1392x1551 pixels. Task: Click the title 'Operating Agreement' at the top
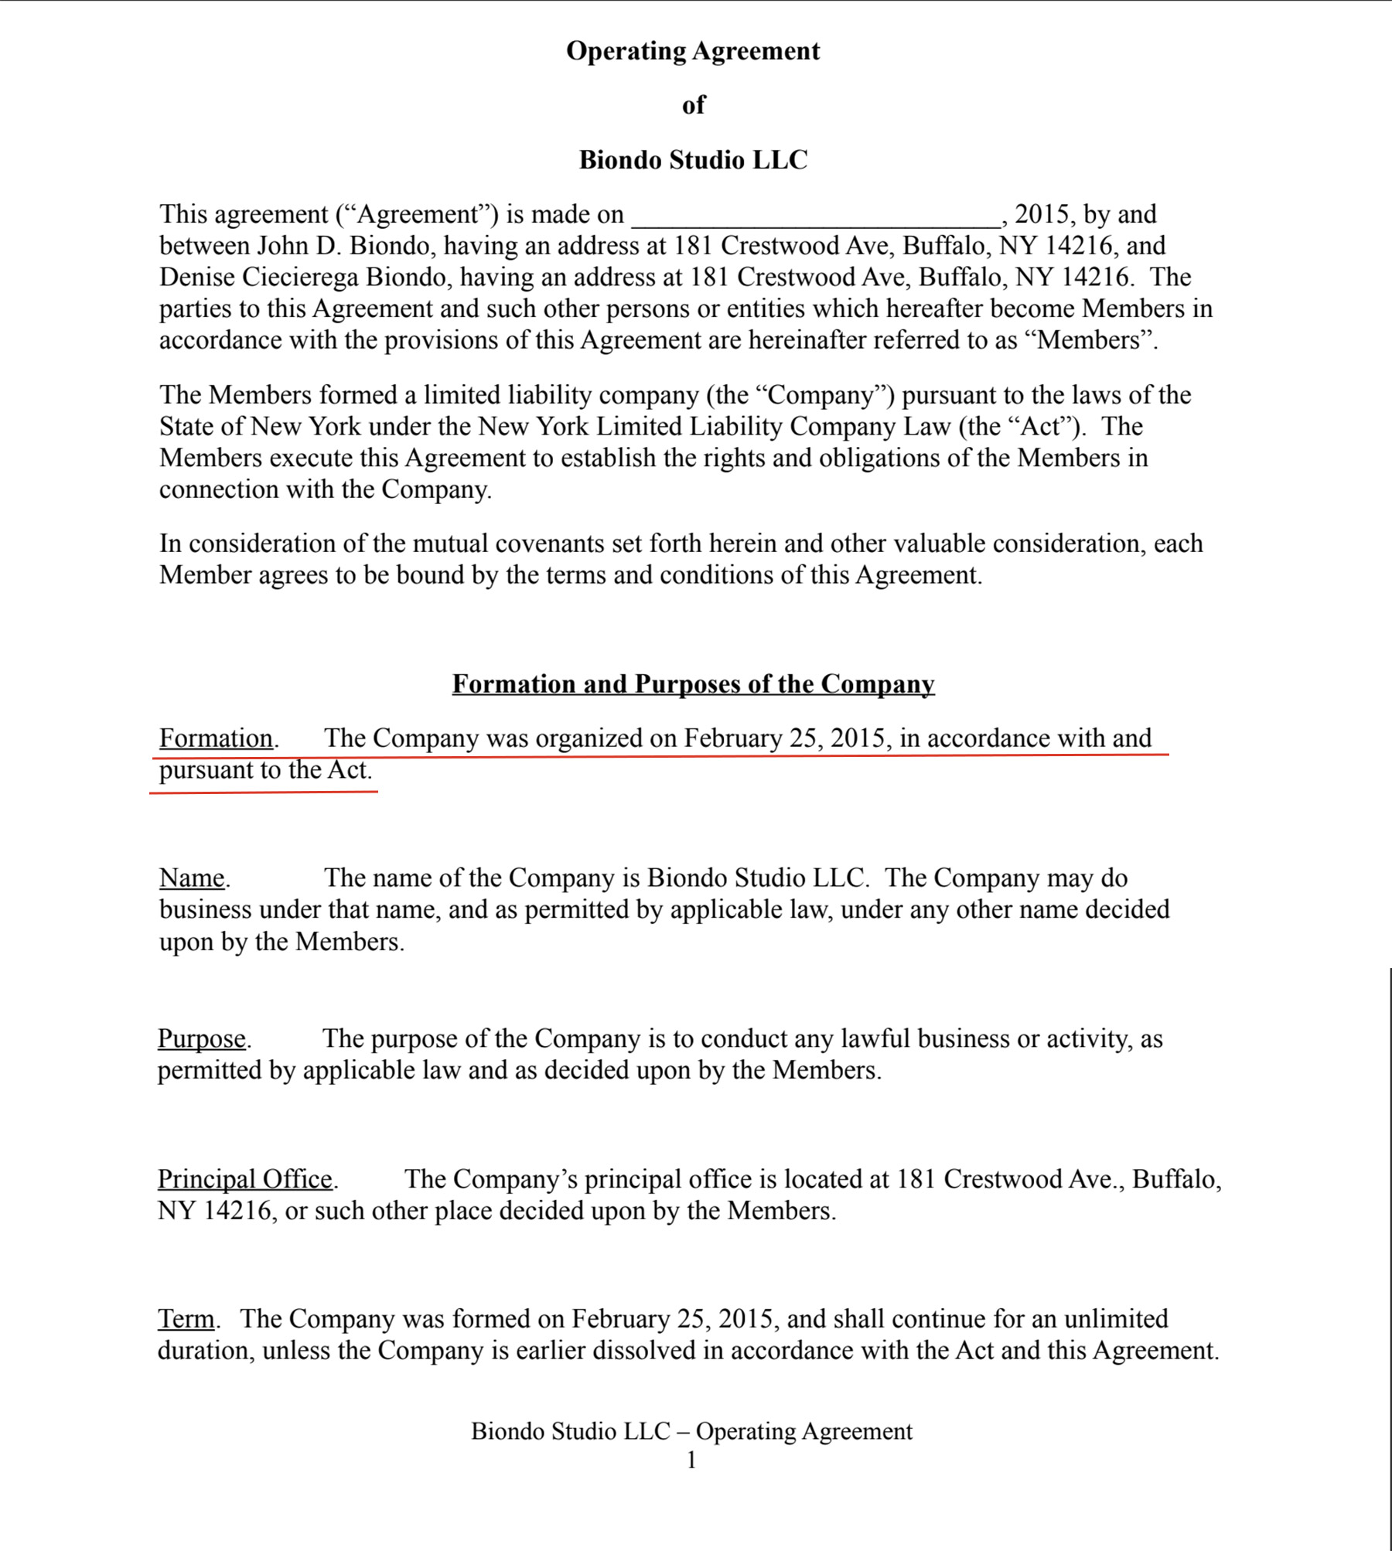coord(693,51)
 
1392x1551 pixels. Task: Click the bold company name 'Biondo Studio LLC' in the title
coord(693,160)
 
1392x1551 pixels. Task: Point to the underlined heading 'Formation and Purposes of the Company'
coord(693,684)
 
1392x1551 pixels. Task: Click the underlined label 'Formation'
coord(216,738)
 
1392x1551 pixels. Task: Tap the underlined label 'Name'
coord(192,878)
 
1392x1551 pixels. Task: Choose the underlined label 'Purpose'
coord(202,1038)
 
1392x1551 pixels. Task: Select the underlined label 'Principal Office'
coord(245,1179)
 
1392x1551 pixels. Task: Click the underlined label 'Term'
coord(186,1319)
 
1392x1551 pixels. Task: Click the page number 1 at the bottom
coord(691,1460)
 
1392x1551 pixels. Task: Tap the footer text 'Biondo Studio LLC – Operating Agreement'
coord(691,1431)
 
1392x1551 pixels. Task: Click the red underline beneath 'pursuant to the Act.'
coord(263,792)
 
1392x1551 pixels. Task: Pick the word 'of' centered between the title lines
coord(694,105)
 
